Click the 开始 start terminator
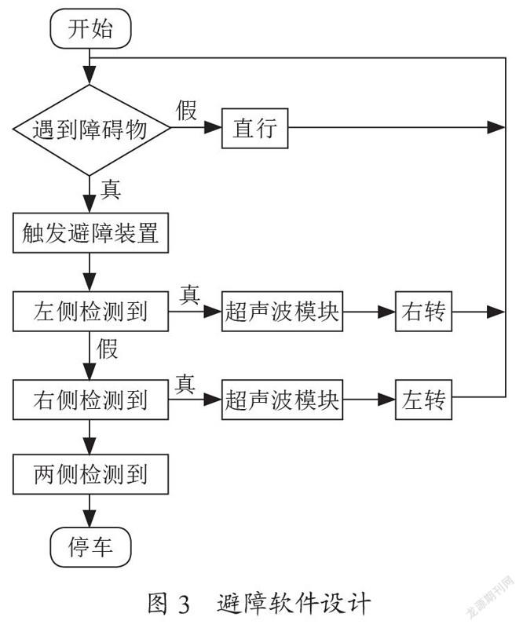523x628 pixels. click(x=90, y=29)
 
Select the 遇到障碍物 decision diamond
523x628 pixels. click(x=90, y=130)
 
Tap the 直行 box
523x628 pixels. click(x=255, y=128)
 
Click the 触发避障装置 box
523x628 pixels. click(x=90, y=232)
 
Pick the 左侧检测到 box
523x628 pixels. click(x=90, y=311)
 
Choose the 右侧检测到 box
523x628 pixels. click(x=90, y=400)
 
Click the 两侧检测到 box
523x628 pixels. click(x=90, y=474)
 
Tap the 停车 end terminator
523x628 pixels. click(x=90, y=546)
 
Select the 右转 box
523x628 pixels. click(x=423, y=311)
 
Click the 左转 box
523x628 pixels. click(x=423, y=400)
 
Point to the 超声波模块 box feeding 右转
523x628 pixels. click(x=282, y=311)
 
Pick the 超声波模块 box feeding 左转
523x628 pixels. click(x=282, y=400)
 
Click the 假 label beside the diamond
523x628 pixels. click(x=187, y=110)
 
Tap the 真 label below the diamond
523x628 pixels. click(x=111, y=189)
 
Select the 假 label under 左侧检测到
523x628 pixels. click(x=107, y=349)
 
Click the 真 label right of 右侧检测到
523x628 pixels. click(x=185, y=384)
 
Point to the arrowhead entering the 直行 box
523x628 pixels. click(x=214, y=128)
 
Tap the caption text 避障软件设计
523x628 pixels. click(x=294, y=604)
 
